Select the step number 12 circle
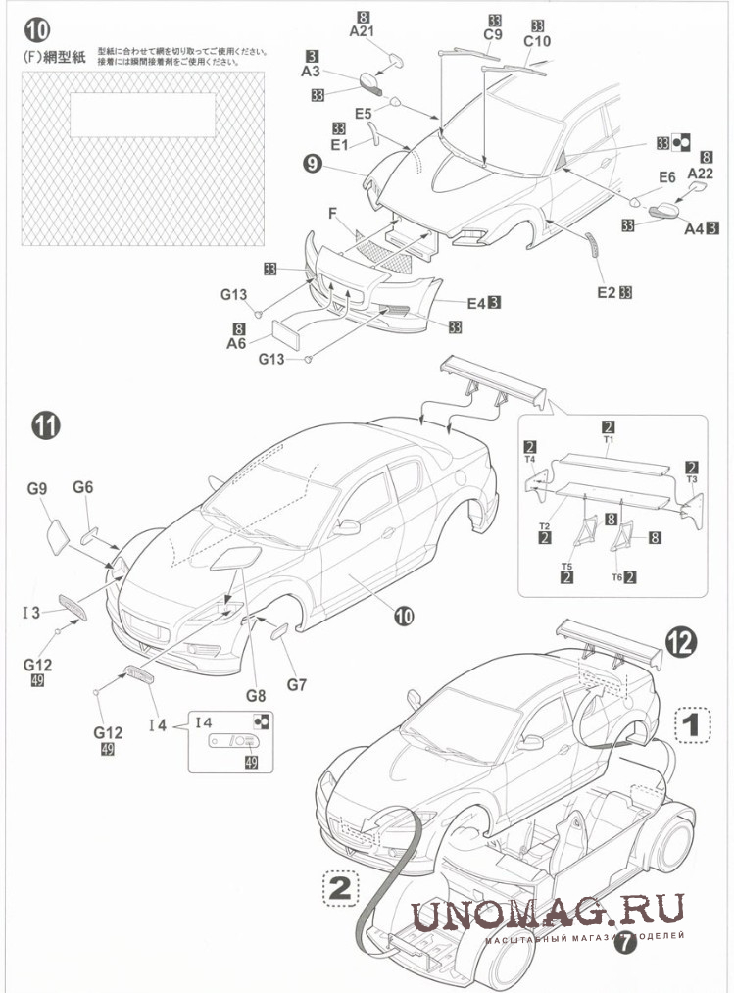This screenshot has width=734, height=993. (681, 642)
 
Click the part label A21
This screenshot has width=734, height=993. (363, 31)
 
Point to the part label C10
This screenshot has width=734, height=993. (538, 41)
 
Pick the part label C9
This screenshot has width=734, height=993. (494, 35)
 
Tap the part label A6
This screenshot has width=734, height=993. (235, 344)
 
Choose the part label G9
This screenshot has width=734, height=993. (37, 487)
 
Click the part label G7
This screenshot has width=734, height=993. (296, 684)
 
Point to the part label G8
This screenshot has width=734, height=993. (256, 695)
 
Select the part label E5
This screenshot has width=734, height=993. (364, 114)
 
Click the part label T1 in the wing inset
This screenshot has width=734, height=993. (608, 440)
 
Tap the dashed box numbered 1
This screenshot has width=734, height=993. (691, 725)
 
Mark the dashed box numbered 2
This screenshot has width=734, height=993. (338, 888)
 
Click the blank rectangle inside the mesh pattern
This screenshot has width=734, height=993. (143, 115)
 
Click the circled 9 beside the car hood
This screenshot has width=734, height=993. (313, 165)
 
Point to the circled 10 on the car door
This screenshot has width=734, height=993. (404, 616)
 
